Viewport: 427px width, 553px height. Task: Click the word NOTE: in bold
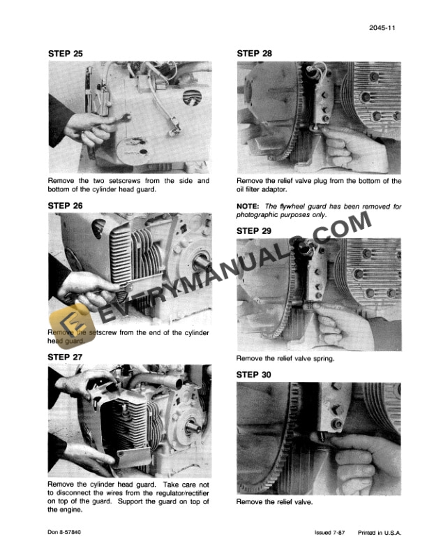pyautogui.click(x=248, y=207)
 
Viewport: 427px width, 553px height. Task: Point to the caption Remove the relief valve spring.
pyautogui.click(x=285, y=359)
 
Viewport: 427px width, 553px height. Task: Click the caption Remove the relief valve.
pyautogui.click(x=274, y=502)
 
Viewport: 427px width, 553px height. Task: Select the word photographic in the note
pyautogui.click(x=261, y=215)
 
